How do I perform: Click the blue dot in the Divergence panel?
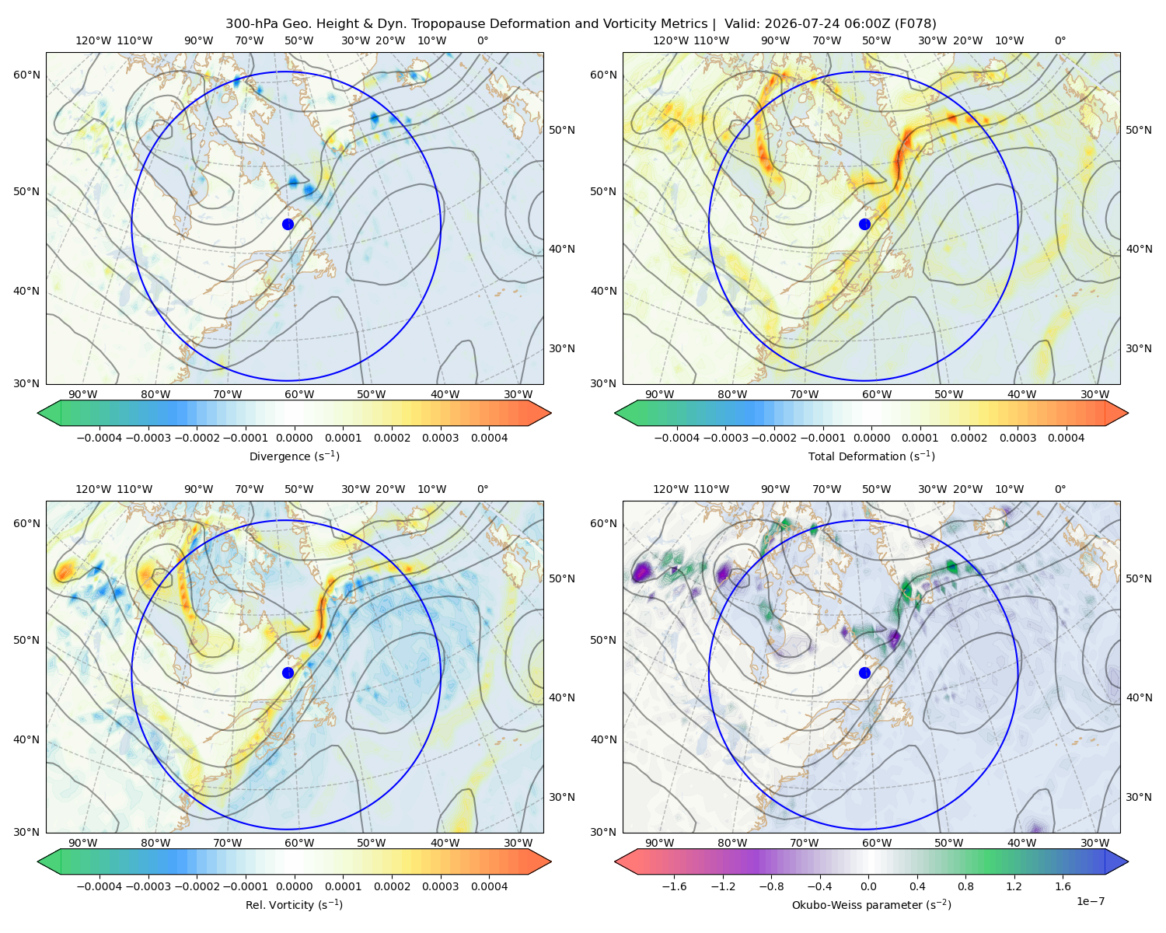288,225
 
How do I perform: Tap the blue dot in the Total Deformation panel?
864,225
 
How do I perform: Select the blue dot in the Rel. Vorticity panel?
288,673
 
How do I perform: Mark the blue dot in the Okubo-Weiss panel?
864,673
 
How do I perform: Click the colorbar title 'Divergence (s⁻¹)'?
294,456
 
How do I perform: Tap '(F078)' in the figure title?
916,24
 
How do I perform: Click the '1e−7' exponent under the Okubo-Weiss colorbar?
1090,902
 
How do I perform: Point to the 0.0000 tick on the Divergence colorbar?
294,438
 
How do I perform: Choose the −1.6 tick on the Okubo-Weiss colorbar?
674,886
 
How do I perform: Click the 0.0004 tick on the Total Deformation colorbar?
1066,438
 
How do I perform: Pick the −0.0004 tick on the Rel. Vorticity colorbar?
99,886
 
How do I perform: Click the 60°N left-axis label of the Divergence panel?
26,75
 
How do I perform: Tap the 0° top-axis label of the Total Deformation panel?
1060,40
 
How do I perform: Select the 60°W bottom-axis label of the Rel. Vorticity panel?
299,843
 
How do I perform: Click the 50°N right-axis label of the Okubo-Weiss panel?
1139,578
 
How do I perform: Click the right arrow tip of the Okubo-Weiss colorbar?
1128,861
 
